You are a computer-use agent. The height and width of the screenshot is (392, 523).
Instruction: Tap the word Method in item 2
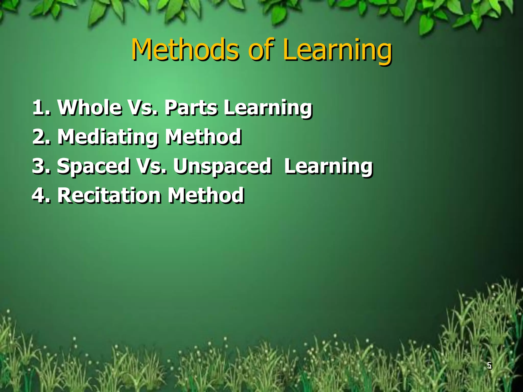pyautogui.click(x=203, y=137)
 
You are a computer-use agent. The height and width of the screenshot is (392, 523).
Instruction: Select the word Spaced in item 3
pyautogui.click(x=93, y=167)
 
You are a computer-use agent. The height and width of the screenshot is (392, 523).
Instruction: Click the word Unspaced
pyautogui.click(x=222, y=167)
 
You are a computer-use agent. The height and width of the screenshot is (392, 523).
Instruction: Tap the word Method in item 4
pyautogui.click(x=206, y=195)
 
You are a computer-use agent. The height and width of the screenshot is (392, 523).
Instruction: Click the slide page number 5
pyautogui.click(x=489, y=365)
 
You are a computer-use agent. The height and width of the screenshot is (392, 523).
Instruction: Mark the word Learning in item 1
pyautogui.click(x=268, y=108)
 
